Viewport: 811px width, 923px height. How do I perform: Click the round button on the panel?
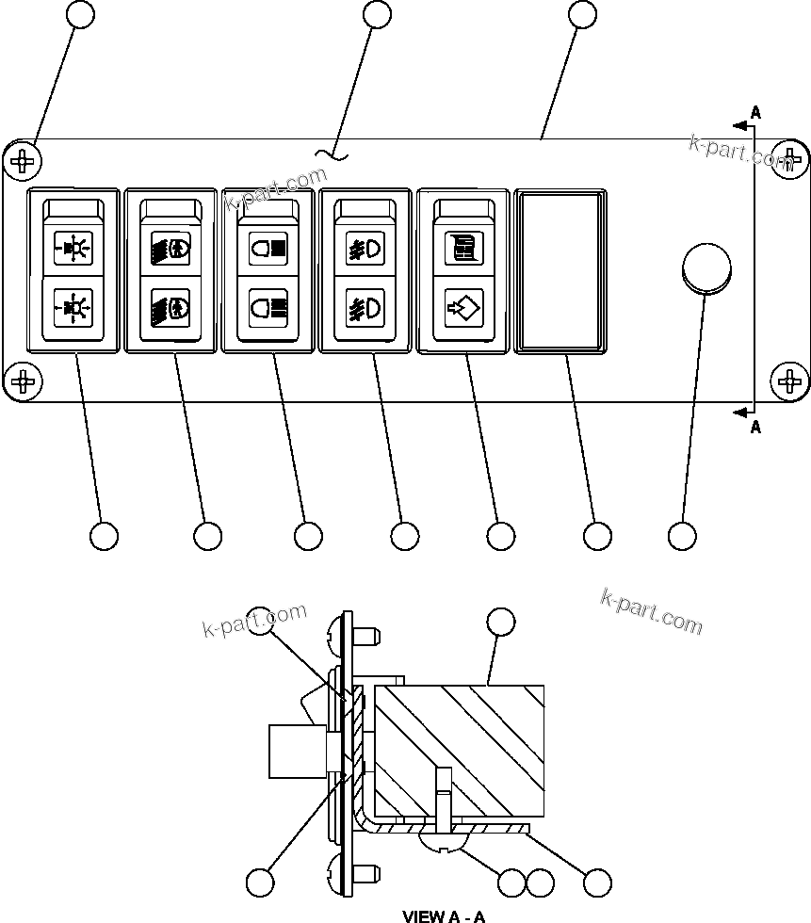point(706,267)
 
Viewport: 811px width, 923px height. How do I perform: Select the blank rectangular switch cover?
point(560,271)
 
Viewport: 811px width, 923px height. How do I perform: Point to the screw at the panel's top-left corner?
point(23,161)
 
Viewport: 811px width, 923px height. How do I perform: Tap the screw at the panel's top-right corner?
point(788,160)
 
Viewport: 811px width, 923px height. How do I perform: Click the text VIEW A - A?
point(444,915)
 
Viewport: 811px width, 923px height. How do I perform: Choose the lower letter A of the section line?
point(755,428)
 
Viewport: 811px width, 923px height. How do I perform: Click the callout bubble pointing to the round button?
point(682,536)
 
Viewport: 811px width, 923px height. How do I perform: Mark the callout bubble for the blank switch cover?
point(597,536)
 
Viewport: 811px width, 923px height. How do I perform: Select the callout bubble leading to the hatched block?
point(500,621)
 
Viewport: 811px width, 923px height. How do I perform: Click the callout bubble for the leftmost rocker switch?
point(104,536)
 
